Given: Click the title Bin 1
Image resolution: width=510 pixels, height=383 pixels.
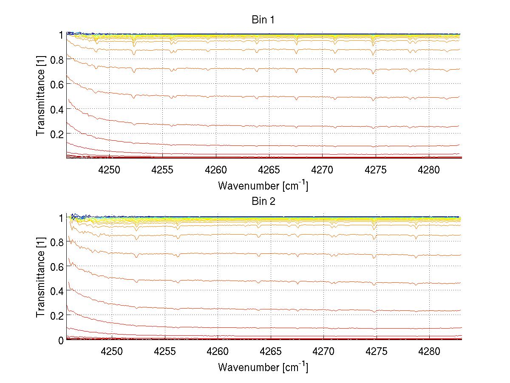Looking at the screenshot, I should pos(263,20).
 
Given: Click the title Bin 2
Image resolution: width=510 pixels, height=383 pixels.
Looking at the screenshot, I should pos(263,201).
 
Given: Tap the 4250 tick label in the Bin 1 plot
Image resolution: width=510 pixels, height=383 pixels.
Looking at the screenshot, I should pos(110,170).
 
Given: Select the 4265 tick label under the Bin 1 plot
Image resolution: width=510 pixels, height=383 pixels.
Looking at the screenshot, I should pos(269,170).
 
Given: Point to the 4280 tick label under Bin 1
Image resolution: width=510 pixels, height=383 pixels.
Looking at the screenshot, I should pos(429,170).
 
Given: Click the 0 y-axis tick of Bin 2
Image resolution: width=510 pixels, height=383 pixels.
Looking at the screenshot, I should pos(61,340).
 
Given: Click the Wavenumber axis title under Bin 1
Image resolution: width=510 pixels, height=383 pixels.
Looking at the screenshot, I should pos(263,186).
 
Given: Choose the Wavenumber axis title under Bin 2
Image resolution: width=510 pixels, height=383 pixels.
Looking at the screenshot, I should pos(263,367).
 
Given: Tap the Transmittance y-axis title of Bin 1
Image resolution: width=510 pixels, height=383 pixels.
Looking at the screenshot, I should pos(41,96).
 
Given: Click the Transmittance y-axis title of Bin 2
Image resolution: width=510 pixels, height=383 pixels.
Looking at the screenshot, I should pos(41,278).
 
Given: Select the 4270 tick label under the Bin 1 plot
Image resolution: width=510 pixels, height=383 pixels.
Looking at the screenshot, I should pos(323,170).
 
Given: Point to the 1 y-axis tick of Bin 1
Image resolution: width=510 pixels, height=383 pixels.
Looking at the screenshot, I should pos(61,35).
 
